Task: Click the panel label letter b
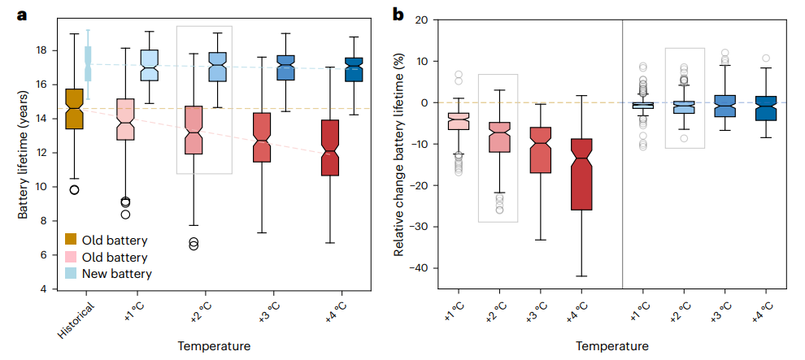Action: (x=398, y=14)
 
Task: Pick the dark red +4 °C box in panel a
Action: (x=330, y=147)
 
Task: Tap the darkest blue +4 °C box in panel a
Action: (x=354, y=70)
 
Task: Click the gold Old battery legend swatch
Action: (x=72, y=239)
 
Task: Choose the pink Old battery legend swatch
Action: (x=72, y=257)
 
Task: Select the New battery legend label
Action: (x=117, y=275)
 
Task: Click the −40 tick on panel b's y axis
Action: (x=428, y=268)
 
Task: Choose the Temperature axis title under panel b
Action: (x=612, y=346)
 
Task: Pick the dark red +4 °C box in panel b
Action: (x=581, y=174)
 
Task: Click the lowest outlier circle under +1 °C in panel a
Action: (x=125, y=215)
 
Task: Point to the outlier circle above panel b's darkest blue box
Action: (x=765, y=59)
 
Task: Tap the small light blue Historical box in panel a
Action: (x=88, y=63)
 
